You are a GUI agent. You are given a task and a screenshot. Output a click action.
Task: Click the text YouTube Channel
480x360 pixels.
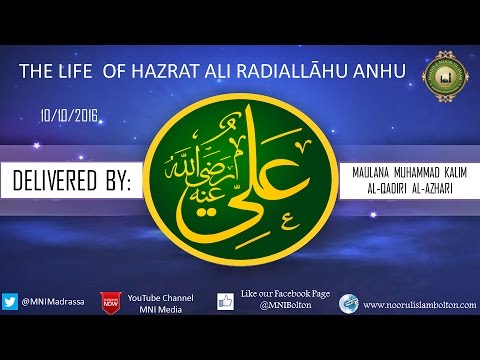(166, 298)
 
